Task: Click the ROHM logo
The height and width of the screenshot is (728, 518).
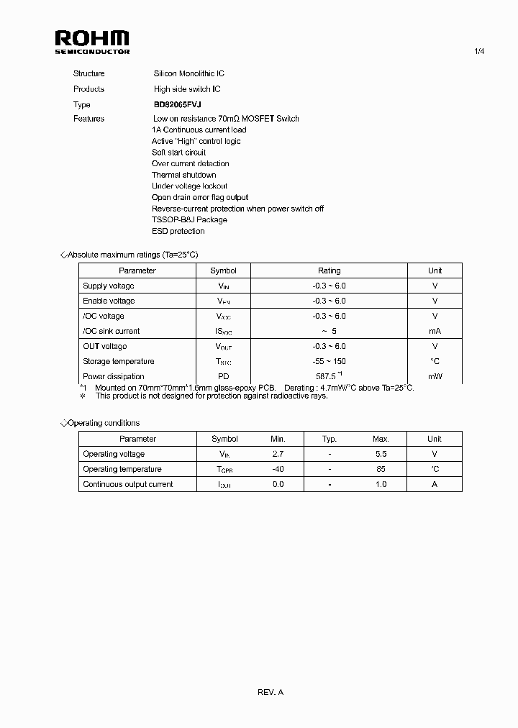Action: (92, 42)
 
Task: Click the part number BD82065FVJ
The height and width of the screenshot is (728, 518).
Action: (177, 104)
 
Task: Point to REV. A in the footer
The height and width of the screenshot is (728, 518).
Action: (271, 692)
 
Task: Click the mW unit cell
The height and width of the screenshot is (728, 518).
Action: (435, 376)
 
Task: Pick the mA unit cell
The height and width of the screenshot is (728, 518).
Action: (435, 331)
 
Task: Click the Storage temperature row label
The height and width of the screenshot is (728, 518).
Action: (119, 361)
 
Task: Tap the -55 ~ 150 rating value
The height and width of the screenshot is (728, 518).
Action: (329, 361)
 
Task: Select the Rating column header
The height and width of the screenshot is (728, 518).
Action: (329, 270)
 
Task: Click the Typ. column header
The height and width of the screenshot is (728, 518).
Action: (330, 439)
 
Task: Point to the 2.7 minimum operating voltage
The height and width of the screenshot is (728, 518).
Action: (278, 454)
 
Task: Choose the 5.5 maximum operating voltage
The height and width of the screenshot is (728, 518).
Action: (381, 454)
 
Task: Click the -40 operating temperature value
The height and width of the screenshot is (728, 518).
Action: (278, 469)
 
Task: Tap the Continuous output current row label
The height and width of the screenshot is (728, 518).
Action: (128, 484)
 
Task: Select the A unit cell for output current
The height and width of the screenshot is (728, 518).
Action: (434, 484)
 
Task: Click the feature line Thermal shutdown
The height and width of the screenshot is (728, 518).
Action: (183, 175)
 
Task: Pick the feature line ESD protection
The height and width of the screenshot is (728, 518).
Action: (178, 231)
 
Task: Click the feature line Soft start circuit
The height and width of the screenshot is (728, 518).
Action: (178, 153)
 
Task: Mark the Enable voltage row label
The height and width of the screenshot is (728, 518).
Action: (109, 301)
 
